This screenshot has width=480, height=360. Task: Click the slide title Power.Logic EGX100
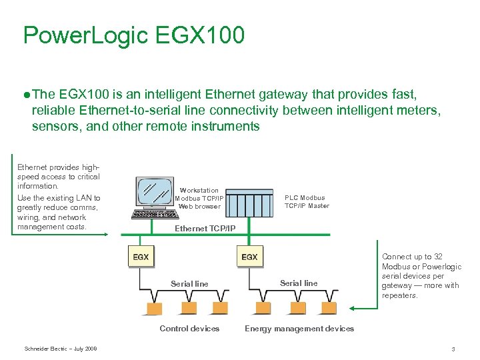pyautogui.click(x=133, y=35)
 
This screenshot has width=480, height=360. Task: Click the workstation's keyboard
pyautogui.click(x=153, y=215)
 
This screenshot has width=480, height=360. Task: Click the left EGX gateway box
pyautogui.click(x=141, y=257)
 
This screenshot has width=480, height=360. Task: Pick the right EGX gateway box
pyautogui.click(x=249, y=257)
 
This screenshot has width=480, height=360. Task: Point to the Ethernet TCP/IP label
pyautogui.click(x=205, y=229)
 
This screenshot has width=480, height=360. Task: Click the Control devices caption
pyautogui.click(x=189, y=329)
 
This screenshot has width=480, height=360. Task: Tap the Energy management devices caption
pyautogui.click(x=299, y=329)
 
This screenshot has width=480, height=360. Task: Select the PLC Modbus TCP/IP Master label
pyautogui.click(x=306, y=201)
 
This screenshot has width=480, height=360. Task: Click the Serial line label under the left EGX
pyautogui.click(x=189, y=284)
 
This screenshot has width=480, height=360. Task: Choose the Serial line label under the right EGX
pyautogui.click(x=299, y=283)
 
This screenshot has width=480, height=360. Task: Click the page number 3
pyautogui.click(x=453, y=349)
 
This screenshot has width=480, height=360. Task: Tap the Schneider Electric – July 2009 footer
pyautogui.click(x=61, y=349)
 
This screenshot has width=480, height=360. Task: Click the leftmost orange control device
pyautogui.click(x=155, y=309)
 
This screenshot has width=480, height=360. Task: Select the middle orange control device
pyautogui.click(x=187, y=309)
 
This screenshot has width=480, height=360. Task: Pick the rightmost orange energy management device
pyautogui.click(x=328, y=309)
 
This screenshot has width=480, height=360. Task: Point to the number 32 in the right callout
pyautogui.click(x=438, y=257)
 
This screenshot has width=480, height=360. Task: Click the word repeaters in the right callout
pyautogui.click(x=399, y=295)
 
